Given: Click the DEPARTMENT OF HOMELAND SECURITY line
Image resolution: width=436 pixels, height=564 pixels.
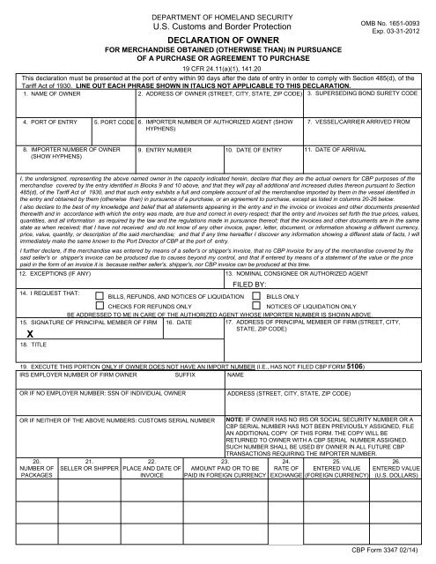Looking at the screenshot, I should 218,7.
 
